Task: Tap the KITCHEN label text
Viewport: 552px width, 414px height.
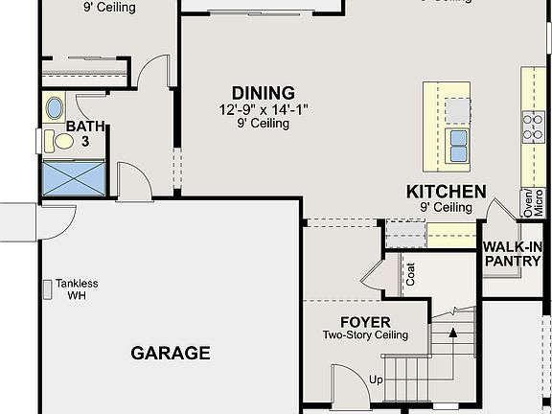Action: (446, 191)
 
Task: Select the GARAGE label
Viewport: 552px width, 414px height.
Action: (170, 353)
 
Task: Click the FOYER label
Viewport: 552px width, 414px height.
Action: (365, 321)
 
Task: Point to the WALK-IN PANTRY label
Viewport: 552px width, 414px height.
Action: (513, 254)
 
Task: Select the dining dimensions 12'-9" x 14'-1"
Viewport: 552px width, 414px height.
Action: (262, 110)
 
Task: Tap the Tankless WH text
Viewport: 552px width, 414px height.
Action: (77, 289)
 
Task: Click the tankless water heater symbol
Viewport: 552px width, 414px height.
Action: (47, 288)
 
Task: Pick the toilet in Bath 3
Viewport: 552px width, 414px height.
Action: (60, 142)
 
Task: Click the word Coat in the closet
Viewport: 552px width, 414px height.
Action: (411, 276)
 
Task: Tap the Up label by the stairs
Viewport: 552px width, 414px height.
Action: (376, 379)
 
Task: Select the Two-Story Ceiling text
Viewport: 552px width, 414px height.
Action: (365, 335)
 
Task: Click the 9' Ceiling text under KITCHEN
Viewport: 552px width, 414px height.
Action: (446, 207)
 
